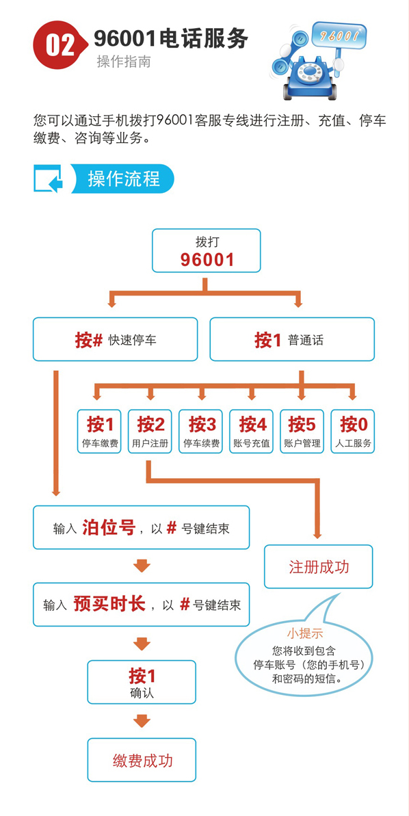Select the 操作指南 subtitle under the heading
pos(123,62)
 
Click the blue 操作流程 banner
pos(124,179)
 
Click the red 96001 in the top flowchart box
pos(207,259)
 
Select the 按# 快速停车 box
pos(115,339)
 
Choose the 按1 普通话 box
pos(292,339)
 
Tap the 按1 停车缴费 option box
pos(100,431)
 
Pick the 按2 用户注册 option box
pos(150,431)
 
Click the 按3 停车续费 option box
pos(201,431)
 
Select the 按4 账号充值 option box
pos(252,431)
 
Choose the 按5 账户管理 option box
pos(302,431)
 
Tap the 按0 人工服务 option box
pos(353,431)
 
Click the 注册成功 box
pos(319,567)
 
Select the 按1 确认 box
pos(142,682)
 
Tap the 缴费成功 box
pos(142,760)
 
